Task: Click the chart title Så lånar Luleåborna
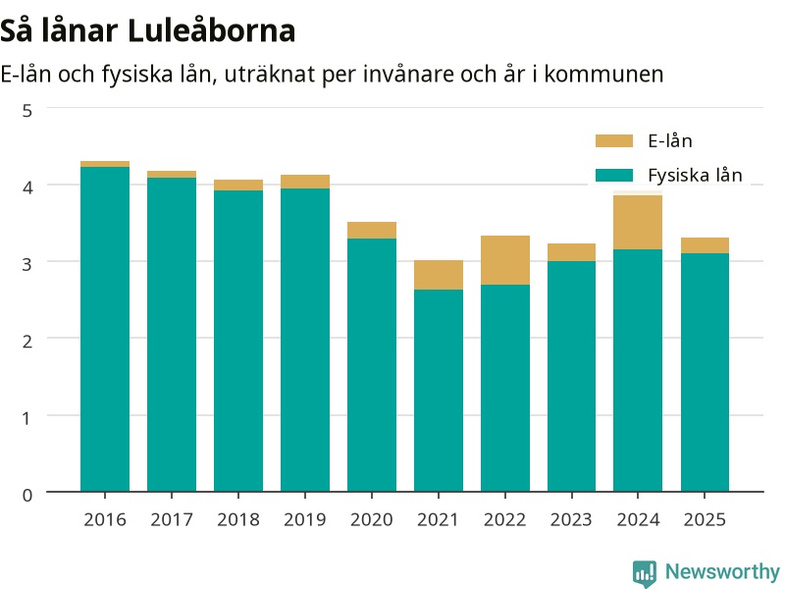pos(148,30)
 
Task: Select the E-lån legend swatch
pos(614,140)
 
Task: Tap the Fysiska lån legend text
pos(695,175)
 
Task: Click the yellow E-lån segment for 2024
pos(638,222)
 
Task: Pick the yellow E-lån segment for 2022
pos(505,260)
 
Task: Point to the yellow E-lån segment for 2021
pos(439,275)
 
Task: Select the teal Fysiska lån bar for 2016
pos(105,329)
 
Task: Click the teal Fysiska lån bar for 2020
pos(372,365)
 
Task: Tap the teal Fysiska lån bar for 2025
pos(705,373)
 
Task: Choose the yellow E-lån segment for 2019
pos(305,182)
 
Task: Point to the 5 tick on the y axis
pos(27,111)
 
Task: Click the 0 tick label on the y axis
pos(27,495)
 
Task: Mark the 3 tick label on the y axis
pos(27,264)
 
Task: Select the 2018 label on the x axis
pos(238,519)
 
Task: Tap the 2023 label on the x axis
pos(571,519)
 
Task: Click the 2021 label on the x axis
pos(438,519)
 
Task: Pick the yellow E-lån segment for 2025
pos(705,245)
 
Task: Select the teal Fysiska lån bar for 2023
pos(571,377)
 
